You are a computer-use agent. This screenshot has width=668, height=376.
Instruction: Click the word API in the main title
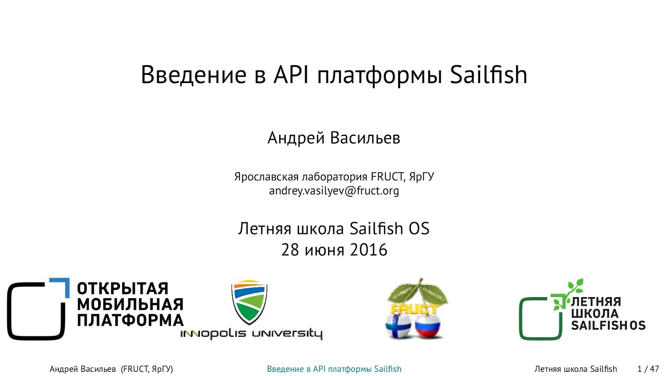pyautogui.click(x=291, y=75)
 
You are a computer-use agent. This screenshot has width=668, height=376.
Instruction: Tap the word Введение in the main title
pyautogui.click(x=194, y=75)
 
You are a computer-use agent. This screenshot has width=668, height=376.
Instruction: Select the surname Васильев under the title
pyautogui.click(x=365, y=138)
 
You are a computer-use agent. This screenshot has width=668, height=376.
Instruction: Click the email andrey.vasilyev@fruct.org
pyautogui.click(x=334, y=191)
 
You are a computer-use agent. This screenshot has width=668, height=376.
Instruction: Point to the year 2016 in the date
pyautogui.click(x=368, y=250)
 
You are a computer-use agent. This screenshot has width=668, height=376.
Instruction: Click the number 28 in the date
pyautogui.click(x=290, y=250)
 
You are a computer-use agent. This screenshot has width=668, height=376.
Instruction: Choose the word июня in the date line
pyautogui.click(x=325, y=250)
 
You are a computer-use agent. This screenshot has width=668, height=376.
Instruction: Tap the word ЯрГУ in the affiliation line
pyautogui.click(x=421, y=177)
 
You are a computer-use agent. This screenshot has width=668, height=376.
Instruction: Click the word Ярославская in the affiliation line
pyautogui.click(x=266, y=177)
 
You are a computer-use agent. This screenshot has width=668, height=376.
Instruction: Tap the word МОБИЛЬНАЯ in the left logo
pyautogui.click(x=130, y=304)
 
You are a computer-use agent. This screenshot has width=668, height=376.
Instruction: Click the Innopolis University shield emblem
pyautogui.click(x=249, y=302)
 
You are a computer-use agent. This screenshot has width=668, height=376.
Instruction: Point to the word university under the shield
pyautogui.click(x=287, y=334)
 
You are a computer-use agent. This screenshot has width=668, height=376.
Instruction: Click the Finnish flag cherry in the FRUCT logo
pyautogui.click(x=398, y=326)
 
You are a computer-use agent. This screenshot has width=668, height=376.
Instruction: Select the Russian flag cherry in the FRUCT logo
pyautogui.click(x=427, y=326)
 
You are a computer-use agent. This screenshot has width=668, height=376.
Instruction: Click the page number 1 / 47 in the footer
pyautogui.click(x=648, y=369)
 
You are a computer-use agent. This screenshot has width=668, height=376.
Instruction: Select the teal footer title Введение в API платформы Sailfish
pyautogui.click(x=334, y=369)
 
